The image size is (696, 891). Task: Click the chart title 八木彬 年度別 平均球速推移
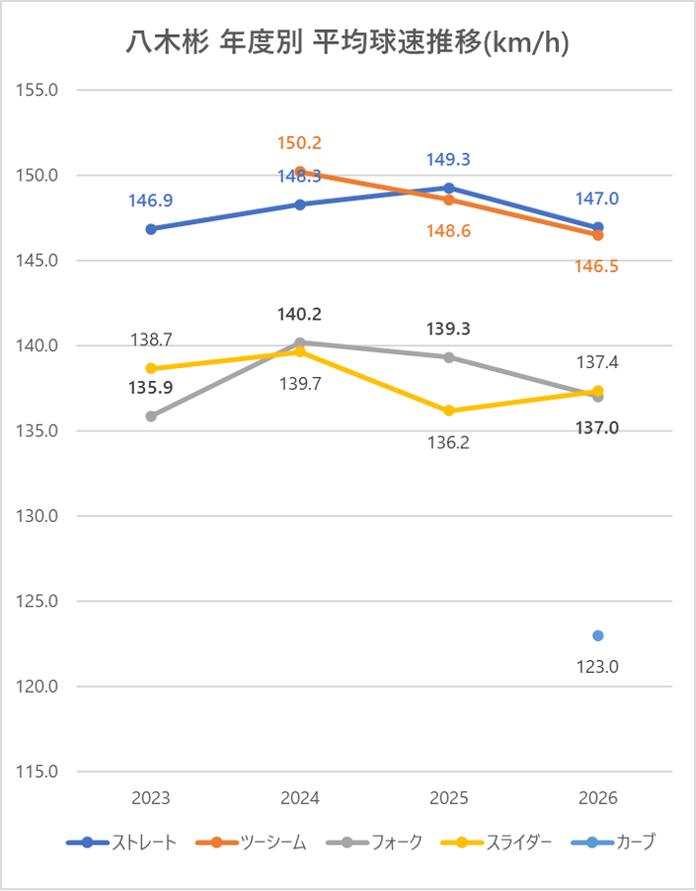pyautogui.click(x=348, y=42)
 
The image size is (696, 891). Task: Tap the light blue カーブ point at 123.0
pyautogui.click(x=598, y=635)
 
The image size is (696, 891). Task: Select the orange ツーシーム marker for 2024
pyautogui.click(x=300, y=172)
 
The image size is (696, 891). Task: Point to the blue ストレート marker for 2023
pyautogui.click(x=151, y=229)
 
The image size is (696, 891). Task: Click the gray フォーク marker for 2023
pyautogui.click(x=151, y=416)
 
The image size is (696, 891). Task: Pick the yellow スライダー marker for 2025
pyautogui.click(x=449, y=410)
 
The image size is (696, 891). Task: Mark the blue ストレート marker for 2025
pyautogui.click(x=449, y=187)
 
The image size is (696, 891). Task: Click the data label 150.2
pyautogui.click(x=299, y=143)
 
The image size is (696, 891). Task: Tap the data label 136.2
pyautogui.click(x=448, y=443)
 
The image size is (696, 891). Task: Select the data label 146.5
pyautogui.click(x=596, y=266)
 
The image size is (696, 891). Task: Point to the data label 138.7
pyautogui.click(x=151, y=339)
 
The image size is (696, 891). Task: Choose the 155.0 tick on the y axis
pyautogui.click(x=39, y=90)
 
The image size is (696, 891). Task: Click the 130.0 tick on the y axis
pyautogui.click(x=39, y=516)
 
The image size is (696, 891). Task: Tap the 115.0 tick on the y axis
pyautogui.click(x=39, y=772)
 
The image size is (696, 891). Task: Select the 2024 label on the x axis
pyautogui.click(x=300, y=798)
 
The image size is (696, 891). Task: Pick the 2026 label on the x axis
pyautogui.click(x=598, y=798)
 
